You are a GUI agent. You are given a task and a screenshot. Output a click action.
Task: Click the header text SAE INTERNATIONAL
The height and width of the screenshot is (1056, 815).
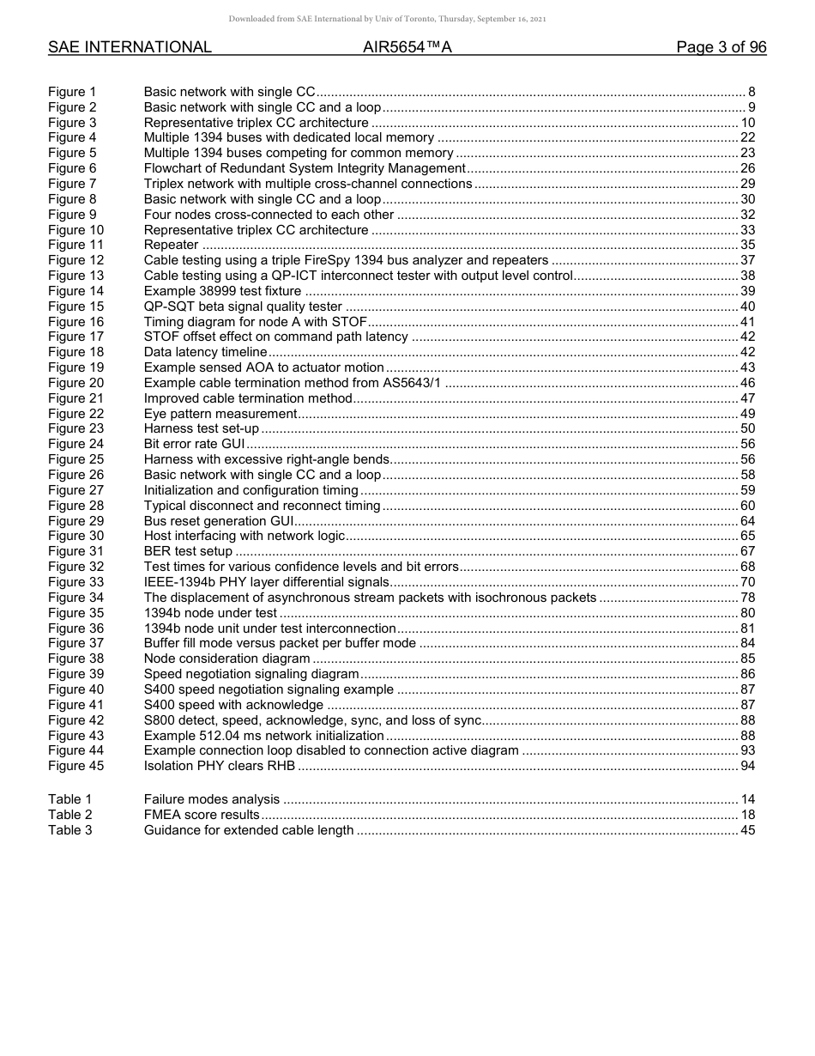130,47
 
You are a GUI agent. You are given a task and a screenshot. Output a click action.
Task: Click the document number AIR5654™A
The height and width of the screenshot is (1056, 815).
407,47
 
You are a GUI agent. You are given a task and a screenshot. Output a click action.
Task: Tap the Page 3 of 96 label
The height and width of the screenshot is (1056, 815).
721,47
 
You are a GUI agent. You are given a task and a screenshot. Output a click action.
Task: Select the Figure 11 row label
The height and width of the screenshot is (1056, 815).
75,245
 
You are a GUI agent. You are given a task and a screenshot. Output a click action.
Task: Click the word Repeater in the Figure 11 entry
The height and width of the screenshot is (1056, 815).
172,245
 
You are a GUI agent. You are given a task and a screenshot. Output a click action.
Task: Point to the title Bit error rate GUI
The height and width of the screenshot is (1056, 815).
195,444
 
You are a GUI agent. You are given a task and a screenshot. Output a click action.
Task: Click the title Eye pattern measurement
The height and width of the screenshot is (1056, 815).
220,414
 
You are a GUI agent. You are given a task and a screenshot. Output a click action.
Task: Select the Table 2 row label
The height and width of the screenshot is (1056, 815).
69,815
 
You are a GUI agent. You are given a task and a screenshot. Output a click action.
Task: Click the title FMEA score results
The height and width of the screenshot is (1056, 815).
202,815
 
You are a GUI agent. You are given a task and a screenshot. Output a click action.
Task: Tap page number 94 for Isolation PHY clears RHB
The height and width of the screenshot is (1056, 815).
747,766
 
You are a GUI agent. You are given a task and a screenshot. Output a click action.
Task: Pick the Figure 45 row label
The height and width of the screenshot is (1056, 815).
75,766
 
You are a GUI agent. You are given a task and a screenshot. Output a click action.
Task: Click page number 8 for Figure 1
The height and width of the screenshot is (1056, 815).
752,92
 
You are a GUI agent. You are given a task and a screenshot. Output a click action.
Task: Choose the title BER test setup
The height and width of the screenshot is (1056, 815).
188,551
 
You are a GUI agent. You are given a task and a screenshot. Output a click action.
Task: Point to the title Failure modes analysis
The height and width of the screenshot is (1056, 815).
212,799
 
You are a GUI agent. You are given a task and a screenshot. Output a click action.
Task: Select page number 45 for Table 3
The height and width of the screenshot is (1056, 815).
747,830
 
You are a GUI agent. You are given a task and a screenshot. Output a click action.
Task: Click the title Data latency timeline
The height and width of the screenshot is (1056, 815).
206,352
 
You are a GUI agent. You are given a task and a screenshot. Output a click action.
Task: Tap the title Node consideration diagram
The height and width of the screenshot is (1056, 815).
227,658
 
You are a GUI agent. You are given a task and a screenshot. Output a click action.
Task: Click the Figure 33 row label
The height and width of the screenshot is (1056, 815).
75,582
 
